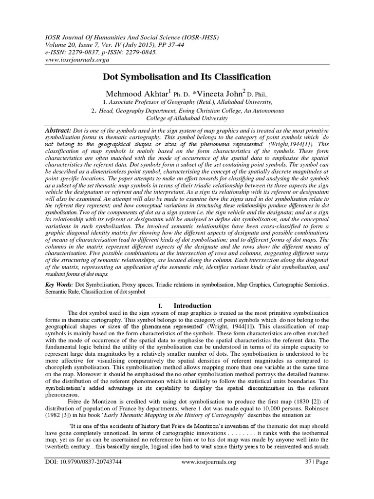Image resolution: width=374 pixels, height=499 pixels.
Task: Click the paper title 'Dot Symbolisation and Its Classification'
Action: (186, 77)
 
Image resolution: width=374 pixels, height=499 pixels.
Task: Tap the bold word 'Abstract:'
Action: (56, 132)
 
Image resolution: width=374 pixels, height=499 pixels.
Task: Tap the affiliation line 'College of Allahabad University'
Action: (187, 118)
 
